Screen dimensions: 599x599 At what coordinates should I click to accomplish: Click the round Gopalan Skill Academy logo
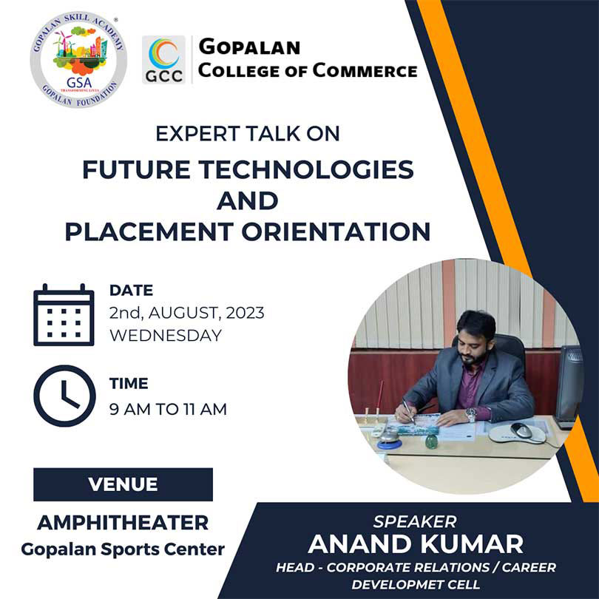pos(78,60)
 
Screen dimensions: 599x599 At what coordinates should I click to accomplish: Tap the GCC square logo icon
pos(163,59)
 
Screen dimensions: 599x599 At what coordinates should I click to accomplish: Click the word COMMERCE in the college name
pos(365,71)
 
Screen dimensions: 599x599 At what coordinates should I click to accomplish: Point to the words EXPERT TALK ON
pos(248,134)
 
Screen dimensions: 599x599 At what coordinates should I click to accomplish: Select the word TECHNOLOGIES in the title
pos(306,169)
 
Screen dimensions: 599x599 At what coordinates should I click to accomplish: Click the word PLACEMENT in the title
pos(149,231)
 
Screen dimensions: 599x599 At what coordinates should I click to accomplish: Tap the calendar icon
pos(64,315)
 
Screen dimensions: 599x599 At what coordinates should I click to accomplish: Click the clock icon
pos(64,396)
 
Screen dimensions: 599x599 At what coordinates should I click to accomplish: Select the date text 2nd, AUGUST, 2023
pos(187,313)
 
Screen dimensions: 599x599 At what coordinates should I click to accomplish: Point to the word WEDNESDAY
pos(166,336)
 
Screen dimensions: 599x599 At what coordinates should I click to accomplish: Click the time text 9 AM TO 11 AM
pos(168,409)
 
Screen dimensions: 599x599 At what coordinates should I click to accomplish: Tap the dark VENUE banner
pos(123,484)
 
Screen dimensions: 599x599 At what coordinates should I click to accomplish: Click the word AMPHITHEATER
pos(123,523)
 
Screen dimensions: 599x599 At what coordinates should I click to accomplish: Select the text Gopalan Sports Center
pos(123,549)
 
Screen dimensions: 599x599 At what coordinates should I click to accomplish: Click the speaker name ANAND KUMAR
pos(416,544)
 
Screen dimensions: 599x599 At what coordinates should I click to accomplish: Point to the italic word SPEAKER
pos(416,522)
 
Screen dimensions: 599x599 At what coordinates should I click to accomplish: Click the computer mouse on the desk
pos(521,430)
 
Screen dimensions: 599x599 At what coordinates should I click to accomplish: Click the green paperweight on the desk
pos(431,441)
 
